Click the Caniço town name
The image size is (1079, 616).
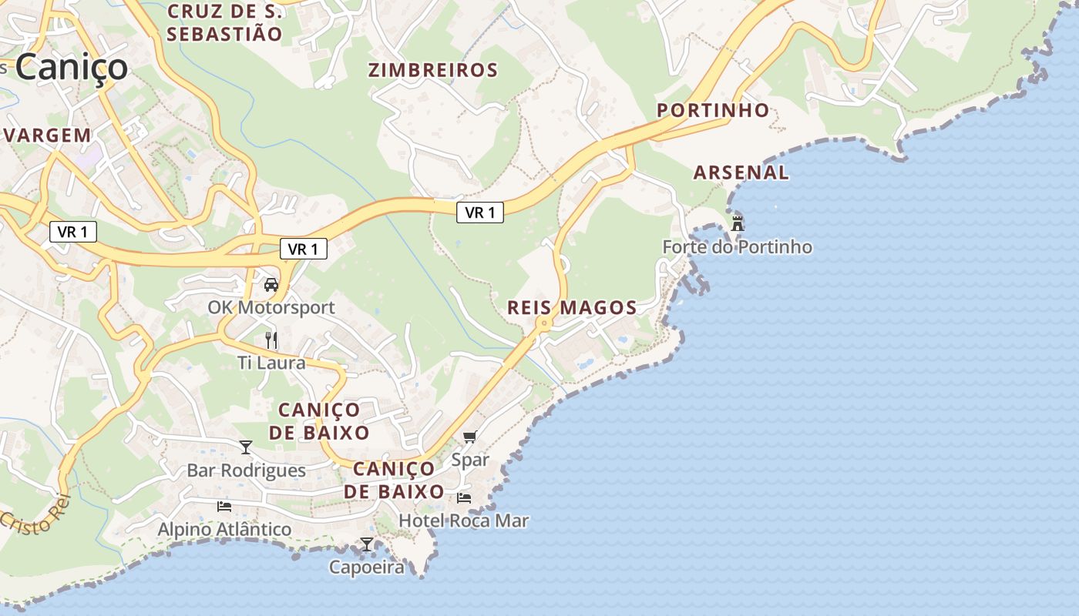click(x=71, y=66)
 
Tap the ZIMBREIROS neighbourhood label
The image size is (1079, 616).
click(x=433, y=70)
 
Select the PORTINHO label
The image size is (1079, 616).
click(x=713, y=110)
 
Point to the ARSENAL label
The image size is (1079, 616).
click(x=741, y=172)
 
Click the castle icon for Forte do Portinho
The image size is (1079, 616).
click(x=738, y=223)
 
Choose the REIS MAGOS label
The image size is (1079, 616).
click(x=572, y=308)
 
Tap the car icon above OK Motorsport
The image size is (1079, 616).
click(x=271, y=284)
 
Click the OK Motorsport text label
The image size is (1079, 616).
click(x=271, y=307)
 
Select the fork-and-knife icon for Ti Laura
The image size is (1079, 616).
click(x=271, y=340)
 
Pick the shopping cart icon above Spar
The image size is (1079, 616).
click(x=470, y=437)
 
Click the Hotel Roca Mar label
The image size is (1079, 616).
click(x=464, y=521)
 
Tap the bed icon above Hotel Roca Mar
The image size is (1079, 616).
click(x=464, y=498)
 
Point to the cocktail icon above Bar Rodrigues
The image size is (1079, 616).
click(x=246, y=447)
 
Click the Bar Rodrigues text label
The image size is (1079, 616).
click(x=247, y=470)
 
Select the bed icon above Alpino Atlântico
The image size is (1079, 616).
click(x=224, y=506)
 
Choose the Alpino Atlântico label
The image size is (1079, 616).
click(x=224, y=529)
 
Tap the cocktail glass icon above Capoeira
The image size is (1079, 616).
click(x=367, y=544)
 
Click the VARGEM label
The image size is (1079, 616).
click(x=48, y=136)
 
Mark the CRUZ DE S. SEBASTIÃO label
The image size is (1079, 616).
click(x=224, y=22)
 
